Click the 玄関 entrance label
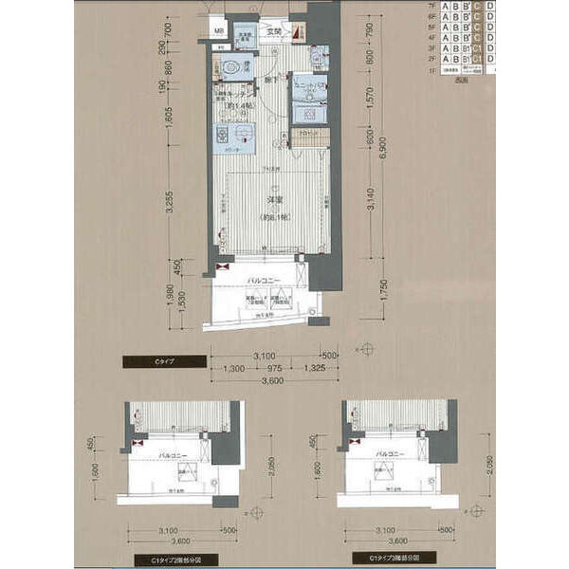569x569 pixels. click(x=274, y=32)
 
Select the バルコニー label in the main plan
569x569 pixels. click(x=260, y=283)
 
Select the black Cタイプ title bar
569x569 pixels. click(x=163, y=360)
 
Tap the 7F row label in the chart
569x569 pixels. click(x=433, y=6)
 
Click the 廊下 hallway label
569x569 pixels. click(x=270, y=83)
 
